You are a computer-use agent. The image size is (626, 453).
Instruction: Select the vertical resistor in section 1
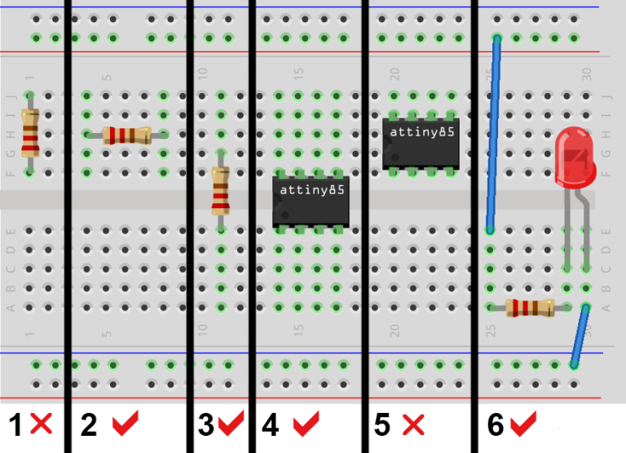(30, 133)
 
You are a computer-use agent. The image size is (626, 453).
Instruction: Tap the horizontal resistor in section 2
(126, 135)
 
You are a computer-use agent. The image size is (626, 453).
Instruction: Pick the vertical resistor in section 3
(220, 190)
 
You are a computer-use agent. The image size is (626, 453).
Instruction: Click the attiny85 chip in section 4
(311, 200)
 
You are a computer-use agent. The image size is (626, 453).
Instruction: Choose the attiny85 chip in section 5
(421, 143)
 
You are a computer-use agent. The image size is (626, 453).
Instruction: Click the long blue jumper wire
(493, 135)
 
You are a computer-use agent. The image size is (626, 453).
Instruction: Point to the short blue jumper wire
(580, 336)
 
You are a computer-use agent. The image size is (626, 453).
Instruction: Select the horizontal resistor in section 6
(530, 308)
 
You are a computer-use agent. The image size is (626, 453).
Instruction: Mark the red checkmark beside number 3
(231, 423)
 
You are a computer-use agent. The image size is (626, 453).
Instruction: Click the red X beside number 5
(413, 424)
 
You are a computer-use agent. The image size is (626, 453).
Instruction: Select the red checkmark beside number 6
(522, 423)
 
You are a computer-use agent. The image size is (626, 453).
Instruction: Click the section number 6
(496, 425)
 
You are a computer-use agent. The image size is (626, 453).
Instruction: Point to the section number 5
(383, 425)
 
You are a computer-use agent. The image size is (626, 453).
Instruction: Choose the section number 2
(90, 425)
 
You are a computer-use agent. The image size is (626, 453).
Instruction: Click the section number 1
(15, 425)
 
